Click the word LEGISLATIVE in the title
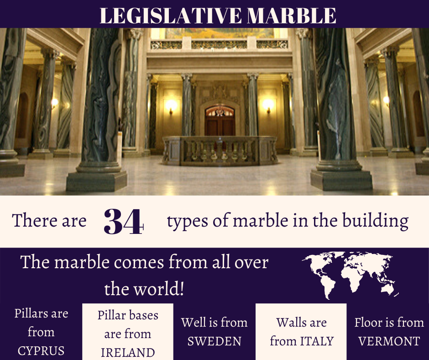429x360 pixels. coord(171,16)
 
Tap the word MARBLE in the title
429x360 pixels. coord(291,16)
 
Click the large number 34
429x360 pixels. coord(124,222)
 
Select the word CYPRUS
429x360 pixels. coord(41,351)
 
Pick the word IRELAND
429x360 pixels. coord(128,353)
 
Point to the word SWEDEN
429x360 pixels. coord(214,341)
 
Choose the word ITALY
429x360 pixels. coord(317,341)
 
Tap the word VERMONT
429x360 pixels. coord(389,341)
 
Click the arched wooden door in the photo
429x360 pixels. coord(220,120)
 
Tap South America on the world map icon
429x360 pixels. coord(328,286)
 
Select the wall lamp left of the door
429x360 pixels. coord(171,106)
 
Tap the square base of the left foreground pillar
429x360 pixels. coord(97,181)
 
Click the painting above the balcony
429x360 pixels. coord(220,33)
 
